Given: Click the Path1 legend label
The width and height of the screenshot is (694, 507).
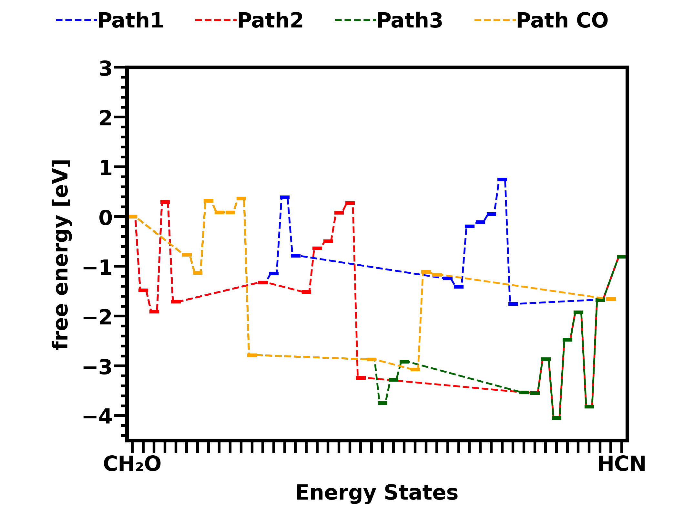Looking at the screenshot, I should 130,21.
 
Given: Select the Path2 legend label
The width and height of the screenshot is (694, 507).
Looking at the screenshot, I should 270,21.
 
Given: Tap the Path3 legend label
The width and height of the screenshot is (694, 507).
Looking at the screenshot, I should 410,21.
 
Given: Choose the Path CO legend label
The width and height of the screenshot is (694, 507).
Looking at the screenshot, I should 562,21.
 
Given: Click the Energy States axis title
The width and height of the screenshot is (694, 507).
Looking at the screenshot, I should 377,493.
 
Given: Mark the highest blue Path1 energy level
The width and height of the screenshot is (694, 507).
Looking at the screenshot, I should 502,180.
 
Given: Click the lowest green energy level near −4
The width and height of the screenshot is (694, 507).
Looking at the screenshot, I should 556,418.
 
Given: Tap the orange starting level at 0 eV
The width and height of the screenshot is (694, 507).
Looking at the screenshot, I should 133,217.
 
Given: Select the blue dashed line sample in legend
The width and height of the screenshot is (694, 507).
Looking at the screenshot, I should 77,20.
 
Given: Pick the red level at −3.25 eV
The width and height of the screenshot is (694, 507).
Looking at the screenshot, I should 361,378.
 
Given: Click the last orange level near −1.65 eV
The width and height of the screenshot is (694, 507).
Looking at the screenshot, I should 611,299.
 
